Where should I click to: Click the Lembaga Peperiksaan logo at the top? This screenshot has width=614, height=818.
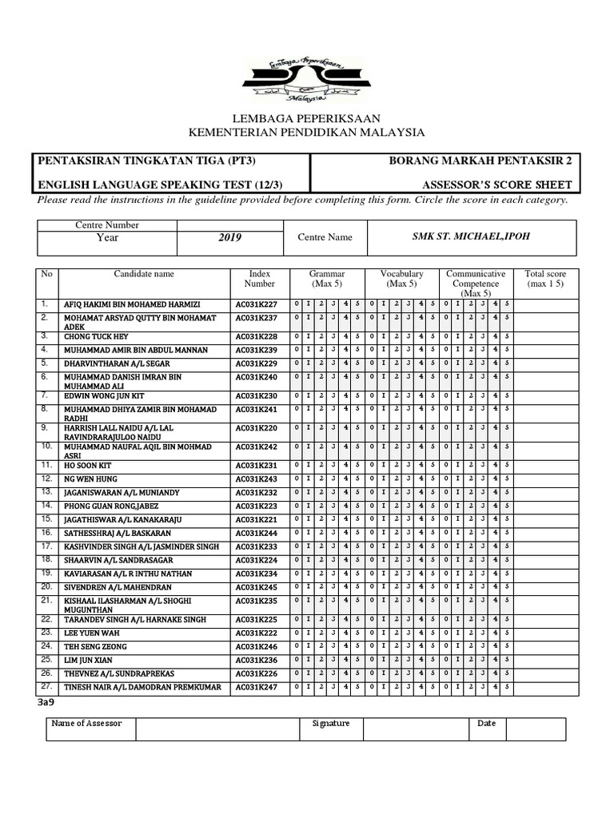point(301,77)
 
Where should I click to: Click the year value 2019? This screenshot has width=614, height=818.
point(229,237)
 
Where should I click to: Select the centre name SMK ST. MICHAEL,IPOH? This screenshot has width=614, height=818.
point(471,237)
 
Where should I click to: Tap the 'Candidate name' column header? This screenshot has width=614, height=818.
point(143,274)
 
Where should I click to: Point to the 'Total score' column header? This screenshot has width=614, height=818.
point(544,279)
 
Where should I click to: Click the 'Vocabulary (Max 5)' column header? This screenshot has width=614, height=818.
point(401,279)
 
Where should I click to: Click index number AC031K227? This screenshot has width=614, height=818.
point(256,304)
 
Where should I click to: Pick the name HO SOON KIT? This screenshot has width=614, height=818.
point(88,466)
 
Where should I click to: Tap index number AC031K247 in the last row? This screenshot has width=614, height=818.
point(256,687)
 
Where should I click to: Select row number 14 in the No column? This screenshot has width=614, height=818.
point(46,506)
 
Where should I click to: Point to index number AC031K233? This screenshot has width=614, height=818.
point(256,546)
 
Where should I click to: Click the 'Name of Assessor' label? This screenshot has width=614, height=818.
point(86,724)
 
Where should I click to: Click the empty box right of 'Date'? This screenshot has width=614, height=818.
point(535,729)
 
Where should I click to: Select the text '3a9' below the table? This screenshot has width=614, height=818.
point(46,702)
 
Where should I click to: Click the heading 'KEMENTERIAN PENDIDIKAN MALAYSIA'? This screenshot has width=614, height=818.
point(306,132)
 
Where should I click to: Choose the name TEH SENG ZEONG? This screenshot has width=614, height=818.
point(95,646)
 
